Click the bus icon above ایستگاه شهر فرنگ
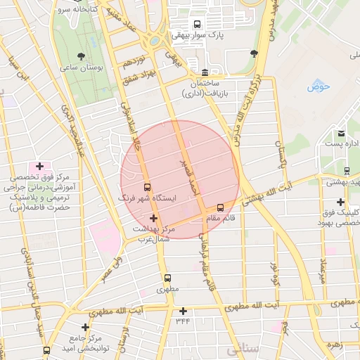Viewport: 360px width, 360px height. [x=147, y=188]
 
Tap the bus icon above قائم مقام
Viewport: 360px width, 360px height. [x=220, y=207]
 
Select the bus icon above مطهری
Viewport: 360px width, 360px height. [x=167, y=278]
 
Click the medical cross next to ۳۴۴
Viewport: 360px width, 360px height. [x=183, y=311]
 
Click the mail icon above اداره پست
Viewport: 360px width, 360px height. [x=341, y=133]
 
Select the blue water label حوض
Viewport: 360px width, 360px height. [x=319, y=87]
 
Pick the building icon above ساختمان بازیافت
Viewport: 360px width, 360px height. [x=204, y=72]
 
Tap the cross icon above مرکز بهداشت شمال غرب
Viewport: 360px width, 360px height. [x=153, y=219]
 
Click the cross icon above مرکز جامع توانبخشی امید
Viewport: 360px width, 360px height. [x=85, y=327]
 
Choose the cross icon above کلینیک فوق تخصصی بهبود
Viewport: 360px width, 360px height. [x=340, y=202]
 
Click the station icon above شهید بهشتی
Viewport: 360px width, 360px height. [x=347, y=171]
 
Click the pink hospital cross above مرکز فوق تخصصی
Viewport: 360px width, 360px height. [x=39, y=167]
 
